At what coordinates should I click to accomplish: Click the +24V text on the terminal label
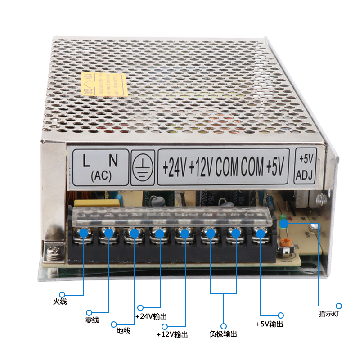[175, 168]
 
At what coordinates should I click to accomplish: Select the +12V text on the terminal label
[201, 168]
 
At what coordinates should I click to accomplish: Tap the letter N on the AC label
[114, 160]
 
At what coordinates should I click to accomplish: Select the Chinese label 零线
[92, 320]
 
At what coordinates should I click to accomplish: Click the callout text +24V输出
[151, 316]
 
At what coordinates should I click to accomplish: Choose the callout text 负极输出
[223, 334]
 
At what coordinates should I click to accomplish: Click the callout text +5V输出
[269, 324]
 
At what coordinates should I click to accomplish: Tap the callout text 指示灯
[328, 314]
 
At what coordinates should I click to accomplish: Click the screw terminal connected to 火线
[84, 234]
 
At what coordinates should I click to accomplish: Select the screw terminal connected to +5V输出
[259, 234]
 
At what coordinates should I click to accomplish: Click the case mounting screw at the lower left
[54, 250]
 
